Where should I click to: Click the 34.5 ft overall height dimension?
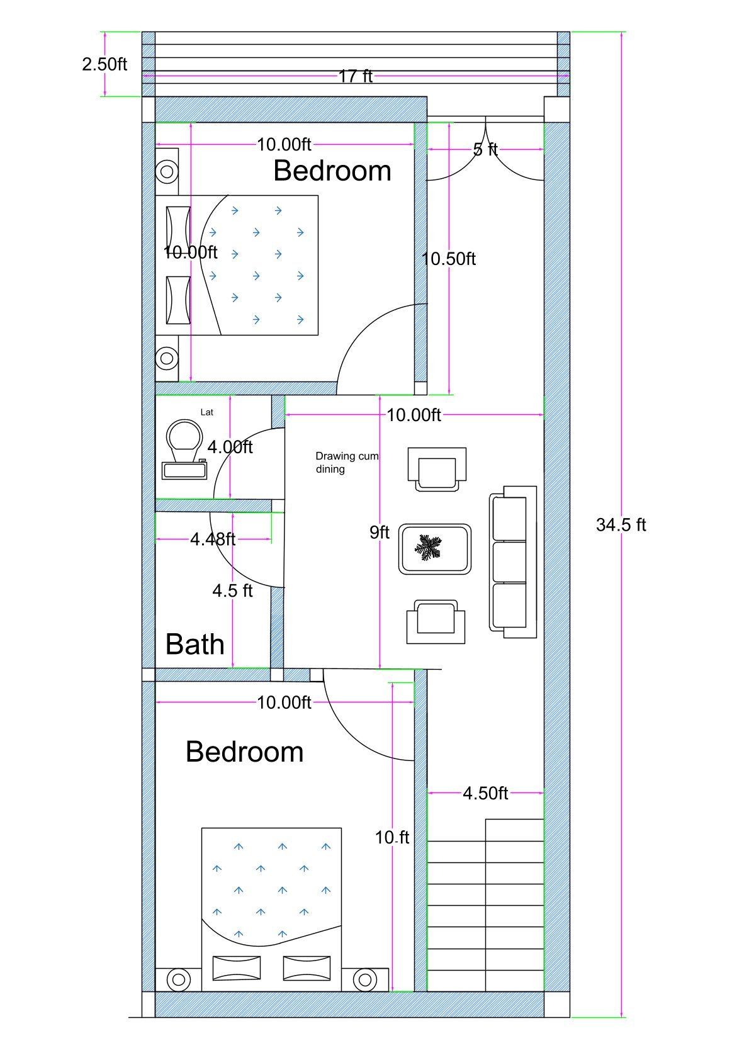[x=621, y=525]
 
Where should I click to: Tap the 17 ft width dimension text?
[x=356, y=77]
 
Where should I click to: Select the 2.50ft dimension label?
[x=104, y=64]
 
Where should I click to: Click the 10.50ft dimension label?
[x=448, y=259]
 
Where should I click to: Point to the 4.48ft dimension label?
[x=213, y=539]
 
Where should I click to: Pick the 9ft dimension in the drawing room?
[x=380, y=533]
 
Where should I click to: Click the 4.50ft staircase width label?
[x=485, y=793]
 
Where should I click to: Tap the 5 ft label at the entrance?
[x=485, y=150]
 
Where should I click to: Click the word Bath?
[x=194, y=645]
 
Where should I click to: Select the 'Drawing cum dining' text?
[x=346, y=463]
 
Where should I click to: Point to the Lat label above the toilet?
[x=206, y=412]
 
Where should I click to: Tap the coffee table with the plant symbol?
[x=435, y=549]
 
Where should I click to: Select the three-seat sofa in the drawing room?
[x=512, y=561]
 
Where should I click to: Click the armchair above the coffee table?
[x=437, y=468]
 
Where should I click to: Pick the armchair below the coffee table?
[x=436, y=622]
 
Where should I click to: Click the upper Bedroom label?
[x=332, y=171]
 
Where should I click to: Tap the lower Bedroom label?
[x=245, y=752]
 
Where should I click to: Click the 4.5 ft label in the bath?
[x=232, y=591]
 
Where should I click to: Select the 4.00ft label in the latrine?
[x=230, y=448]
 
